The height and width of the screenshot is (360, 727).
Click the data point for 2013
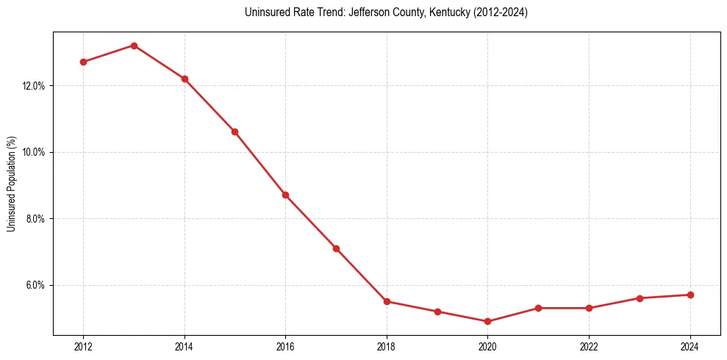coord(134,46)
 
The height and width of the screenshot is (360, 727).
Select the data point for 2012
coord(83,62)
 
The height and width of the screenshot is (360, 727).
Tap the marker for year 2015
coord(234,132)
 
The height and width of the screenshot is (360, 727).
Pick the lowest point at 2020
coord(487,321)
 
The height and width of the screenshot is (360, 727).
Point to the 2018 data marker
coord(387,301)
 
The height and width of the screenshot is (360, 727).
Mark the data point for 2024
coord(690,295)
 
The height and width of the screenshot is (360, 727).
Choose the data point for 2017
coord(336,248)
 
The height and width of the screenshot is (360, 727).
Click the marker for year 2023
coord(640,298)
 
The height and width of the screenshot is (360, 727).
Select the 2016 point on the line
coord(285,195)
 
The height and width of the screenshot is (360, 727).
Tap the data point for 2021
coord(538,308)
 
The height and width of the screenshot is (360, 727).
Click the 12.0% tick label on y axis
coord(34,86)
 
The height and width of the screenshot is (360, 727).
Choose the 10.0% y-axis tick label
coord(34,152)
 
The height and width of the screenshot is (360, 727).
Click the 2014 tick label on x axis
coord(185,347)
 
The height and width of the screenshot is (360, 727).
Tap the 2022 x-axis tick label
coord(589,347)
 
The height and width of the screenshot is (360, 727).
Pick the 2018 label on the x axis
coord(387,347)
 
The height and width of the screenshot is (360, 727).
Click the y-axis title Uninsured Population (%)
coord(11,184)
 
